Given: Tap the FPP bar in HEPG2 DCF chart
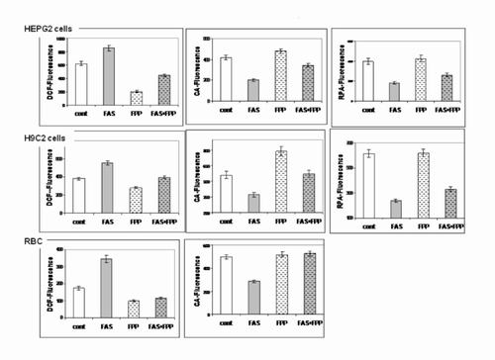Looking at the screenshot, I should coord(136,98).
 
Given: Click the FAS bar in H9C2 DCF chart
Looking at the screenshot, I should coord(108,188).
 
